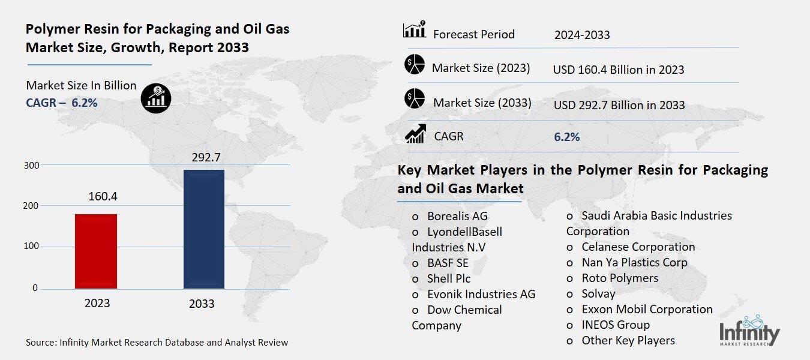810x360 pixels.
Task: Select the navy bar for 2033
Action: tap(203, 229)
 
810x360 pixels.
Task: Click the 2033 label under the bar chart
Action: tap(202, 304)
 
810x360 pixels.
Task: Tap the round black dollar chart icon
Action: tap(156, 97)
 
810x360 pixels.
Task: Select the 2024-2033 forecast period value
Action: tap(581, 35)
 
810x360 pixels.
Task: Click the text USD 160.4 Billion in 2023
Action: tap(619, 70)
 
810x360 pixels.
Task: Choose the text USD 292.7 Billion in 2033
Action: tap(619, 105)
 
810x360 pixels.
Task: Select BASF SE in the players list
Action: tap(448, 263)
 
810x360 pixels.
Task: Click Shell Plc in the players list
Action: tap(448, 278)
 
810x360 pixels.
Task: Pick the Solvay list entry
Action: tap(598, 293)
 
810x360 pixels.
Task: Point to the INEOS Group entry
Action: tap(615, 325)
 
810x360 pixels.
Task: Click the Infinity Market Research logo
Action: tap(749, 331)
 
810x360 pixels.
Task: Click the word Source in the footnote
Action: tap(40, 343)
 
